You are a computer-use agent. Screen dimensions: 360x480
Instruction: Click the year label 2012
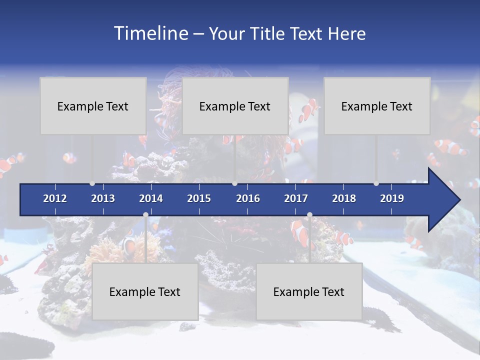55,198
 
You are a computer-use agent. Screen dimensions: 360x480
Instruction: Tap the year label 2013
103,198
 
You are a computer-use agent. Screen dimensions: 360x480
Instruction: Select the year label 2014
151,198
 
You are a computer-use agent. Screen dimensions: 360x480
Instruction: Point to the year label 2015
199,198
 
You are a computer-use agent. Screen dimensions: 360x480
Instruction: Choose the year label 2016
248,198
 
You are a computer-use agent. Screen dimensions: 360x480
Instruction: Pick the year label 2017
296,198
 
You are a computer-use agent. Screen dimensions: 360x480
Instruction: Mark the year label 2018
344,198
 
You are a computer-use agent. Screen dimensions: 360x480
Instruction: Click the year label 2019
392,198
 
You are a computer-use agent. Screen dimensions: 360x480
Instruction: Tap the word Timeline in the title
150,33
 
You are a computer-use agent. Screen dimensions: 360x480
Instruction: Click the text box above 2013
93,106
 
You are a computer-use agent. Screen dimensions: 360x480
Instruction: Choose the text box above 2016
235,106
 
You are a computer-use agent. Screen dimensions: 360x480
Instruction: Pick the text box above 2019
377,106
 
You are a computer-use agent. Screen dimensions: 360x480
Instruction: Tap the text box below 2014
145,291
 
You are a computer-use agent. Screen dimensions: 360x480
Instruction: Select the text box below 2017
309,291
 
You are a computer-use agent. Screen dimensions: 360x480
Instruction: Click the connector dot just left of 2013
92,183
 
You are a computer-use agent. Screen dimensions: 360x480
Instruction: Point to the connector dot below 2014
145,215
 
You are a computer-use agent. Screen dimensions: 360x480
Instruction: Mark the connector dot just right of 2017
309,215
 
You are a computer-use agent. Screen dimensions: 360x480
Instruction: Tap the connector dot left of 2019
376,183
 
